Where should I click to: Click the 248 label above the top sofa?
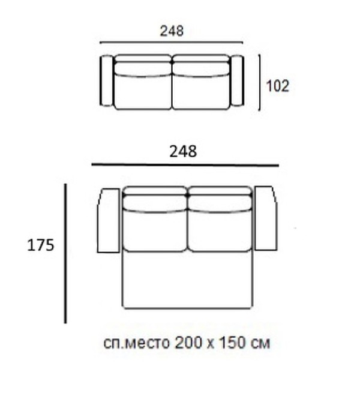click(x=172, y=31)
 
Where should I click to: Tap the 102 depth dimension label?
click(x=278, y=86)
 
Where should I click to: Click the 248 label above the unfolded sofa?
click(x=183, y=152)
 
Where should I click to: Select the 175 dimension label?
click(x=40, y=245)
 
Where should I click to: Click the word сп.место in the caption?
click(x=136, y=343)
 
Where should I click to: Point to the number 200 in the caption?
click(x=188, y=343)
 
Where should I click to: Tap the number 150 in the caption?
click(x=233, y=343)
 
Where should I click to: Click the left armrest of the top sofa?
click(x=107, y=81)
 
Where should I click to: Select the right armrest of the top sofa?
click(x=237, y=81)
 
